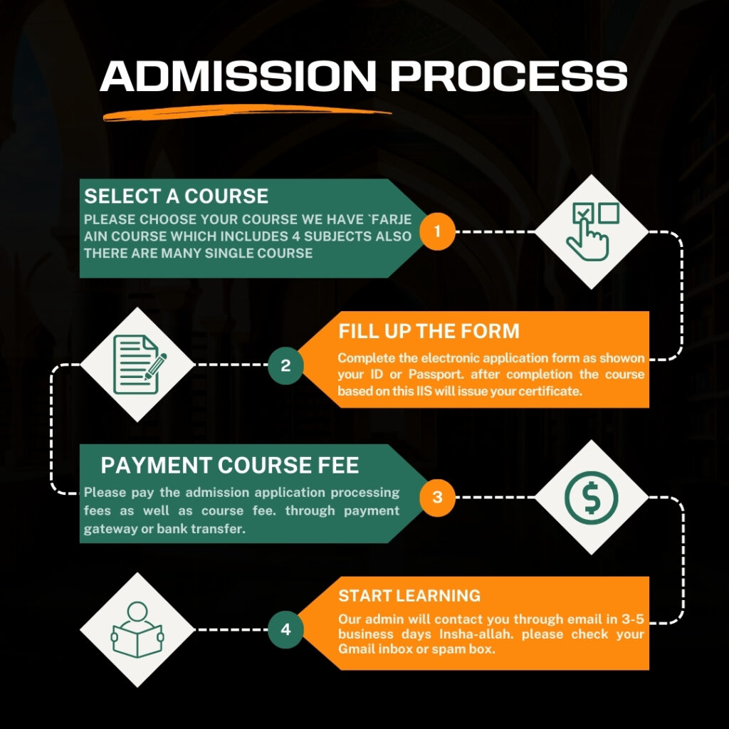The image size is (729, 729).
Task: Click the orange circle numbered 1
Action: point(437,231)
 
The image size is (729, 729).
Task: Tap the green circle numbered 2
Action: point(285,365)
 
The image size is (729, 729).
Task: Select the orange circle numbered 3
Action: point(437,497)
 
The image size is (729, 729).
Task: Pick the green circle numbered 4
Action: point(285,629)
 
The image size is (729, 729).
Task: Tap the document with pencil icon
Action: point(139,364)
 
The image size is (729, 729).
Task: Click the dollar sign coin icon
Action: point(592,498)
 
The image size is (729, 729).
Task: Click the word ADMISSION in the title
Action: point(238,75)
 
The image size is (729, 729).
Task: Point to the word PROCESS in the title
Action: point(509,75)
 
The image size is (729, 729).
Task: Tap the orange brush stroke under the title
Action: point(246,112)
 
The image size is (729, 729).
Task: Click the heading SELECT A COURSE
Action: point(177,196)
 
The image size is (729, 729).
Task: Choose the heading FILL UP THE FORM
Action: point(429,332)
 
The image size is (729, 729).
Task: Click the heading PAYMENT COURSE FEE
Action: point(230,466)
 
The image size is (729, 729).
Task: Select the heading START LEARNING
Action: point(409,596)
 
